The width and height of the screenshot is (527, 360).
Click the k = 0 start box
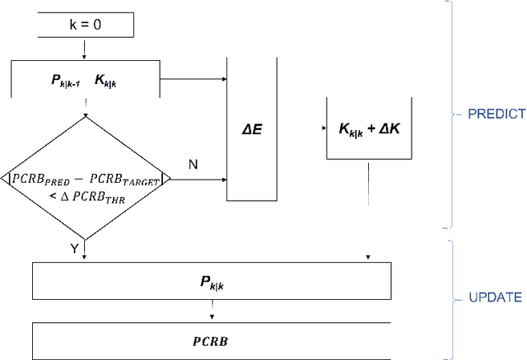tap(85, 26)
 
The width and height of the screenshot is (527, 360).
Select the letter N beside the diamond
tap(194, 165)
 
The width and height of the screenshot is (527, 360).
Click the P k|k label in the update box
tap(212, 282)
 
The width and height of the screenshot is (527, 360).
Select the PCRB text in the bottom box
tap(212, 339)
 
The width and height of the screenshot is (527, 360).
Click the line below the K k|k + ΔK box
tap(367, 181)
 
